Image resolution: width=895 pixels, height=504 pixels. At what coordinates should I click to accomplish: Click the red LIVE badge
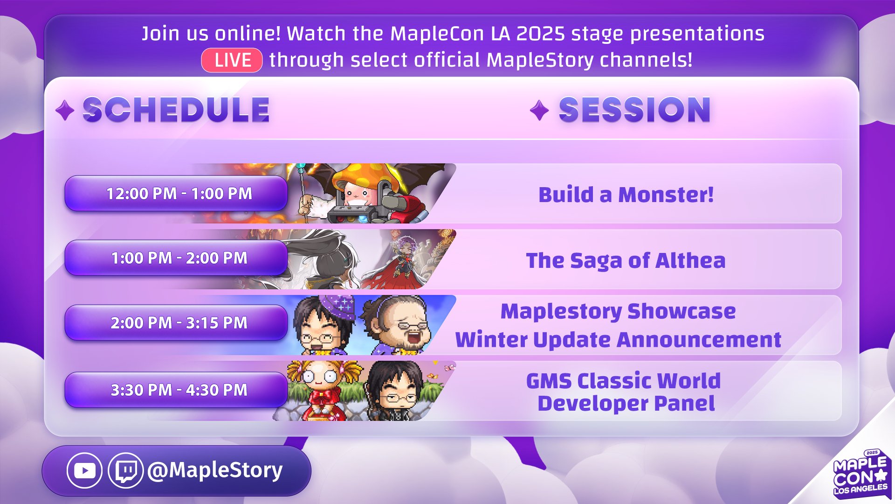click(x=232, y=60)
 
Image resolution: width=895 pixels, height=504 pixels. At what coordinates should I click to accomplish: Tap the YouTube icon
click(x=84, y=470)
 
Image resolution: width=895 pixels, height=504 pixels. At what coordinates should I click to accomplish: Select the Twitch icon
click(x=126, y=470)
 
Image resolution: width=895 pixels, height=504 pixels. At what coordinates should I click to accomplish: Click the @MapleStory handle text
click(x=215, y=470)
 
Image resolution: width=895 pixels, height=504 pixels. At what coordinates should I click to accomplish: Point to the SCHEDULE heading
click(x=176, y=110)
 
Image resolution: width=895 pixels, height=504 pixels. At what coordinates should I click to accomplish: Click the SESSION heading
click(x=634, y=110)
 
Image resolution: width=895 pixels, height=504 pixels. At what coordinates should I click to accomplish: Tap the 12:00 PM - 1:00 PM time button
click(x=176, y=193)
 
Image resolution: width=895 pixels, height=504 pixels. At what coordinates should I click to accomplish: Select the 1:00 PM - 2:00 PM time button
click(x=176, y=258)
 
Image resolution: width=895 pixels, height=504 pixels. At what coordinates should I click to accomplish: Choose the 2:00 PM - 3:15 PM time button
click(x=176, y=322)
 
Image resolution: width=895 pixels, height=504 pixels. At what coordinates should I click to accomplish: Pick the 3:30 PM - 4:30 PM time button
click(x=176, y=390)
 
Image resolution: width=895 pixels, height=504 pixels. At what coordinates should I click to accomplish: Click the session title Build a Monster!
click(x=626, y=195)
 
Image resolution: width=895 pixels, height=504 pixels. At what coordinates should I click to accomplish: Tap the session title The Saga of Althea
click(x=626, y=261)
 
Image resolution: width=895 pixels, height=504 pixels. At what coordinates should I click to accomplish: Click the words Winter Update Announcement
click(x=618, y=340)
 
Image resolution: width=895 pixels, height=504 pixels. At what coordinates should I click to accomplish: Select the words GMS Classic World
click(x=624, y=381)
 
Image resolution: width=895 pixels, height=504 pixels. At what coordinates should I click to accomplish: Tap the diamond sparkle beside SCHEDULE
click(x=65, y=111)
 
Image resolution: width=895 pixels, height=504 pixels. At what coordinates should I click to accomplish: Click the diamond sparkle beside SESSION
click(x=539, y=111)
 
